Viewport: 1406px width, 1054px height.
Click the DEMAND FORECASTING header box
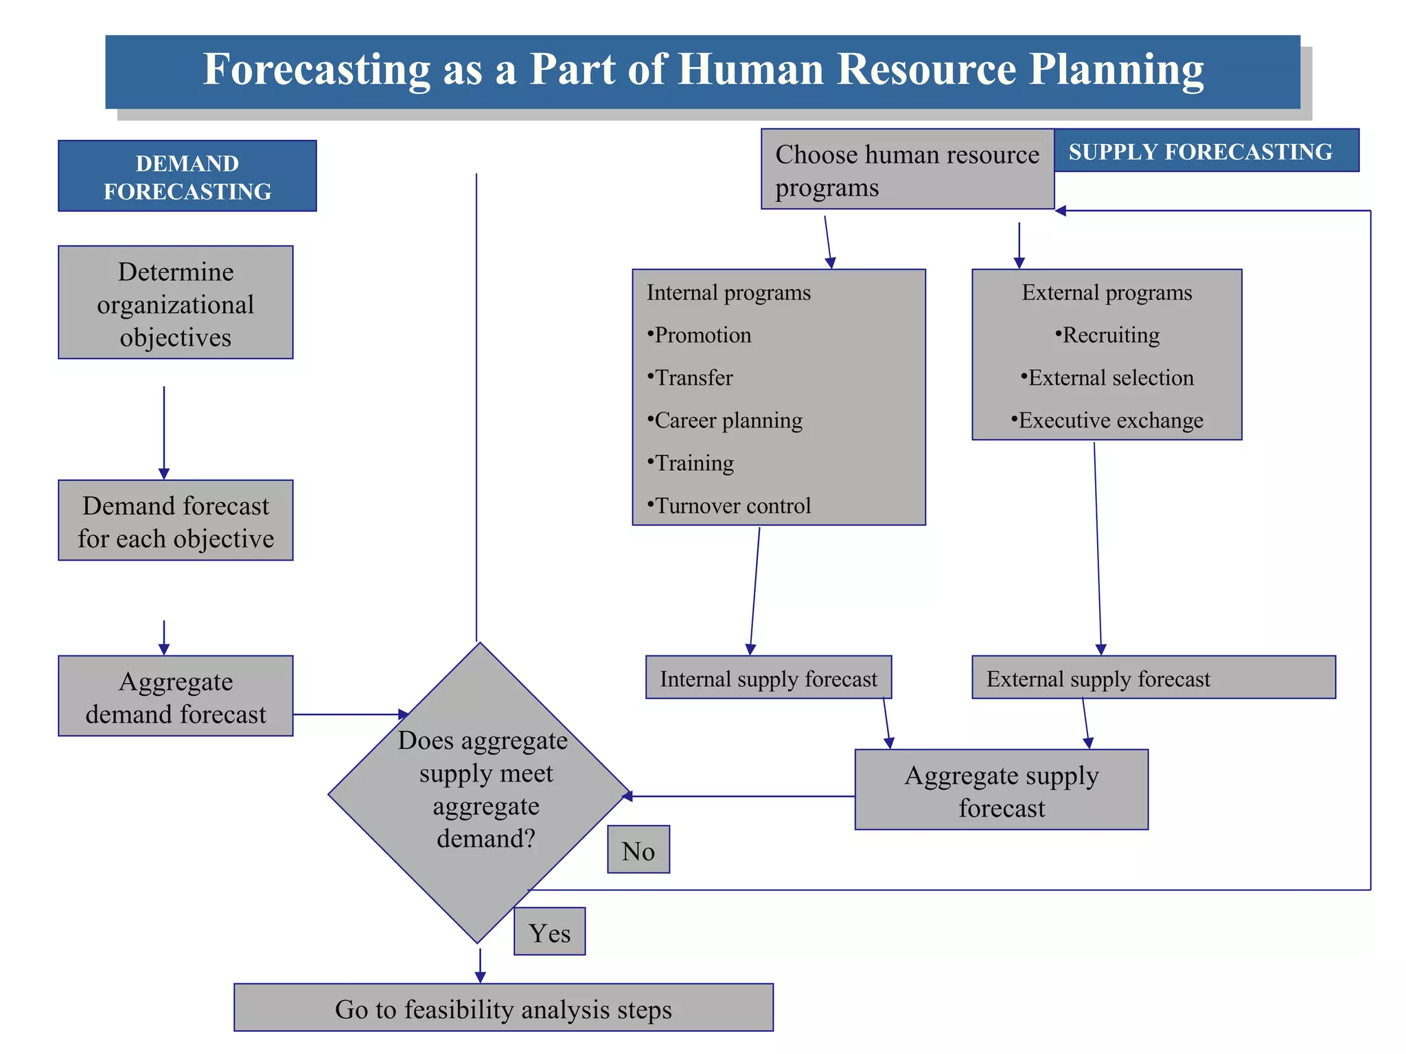[x=187, y=176]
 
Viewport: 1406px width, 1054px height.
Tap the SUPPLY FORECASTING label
[x=1200, y=151]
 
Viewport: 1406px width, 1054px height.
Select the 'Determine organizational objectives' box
[x=176, y=303]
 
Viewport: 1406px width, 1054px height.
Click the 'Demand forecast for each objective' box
[x=176, y=521]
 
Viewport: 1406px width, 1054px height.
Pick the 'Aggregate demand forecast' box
[x=176, y=696]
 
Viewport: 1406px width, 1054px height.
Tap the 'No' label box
[x=638, y=850]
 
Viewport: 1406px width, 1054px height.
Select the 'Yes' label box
[x=549, y=932]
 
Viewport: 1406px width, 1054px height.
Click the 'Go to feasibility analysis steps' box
[x=503, y=1008]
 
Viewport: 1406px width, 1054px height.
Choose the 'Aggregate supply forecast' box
[x=1001, y=790]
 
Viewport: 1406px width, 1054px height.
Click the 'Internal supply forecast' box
[x=768, y=678]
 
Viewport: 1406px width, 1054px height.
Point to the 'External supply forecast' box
[x=1153, y=678]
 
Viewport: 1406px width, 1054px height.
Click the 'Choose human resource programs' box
[x=907, y=169]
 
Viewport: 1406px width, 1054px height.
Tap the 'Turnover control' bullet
[x=730, y=506]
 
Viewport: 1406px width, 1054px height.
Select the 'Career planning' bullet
[x=726, y=420]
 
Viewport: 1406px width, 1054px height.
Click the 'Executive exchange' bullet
[x=1107, y=420]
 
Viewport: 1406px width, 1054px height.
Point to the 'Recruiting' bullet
[x=1107, y=335]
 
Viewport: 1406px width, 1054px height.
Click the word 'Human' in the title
[x=752, y=69]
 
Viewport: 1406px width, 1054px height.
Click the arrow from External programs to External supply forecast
[x=1098, y=549]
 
